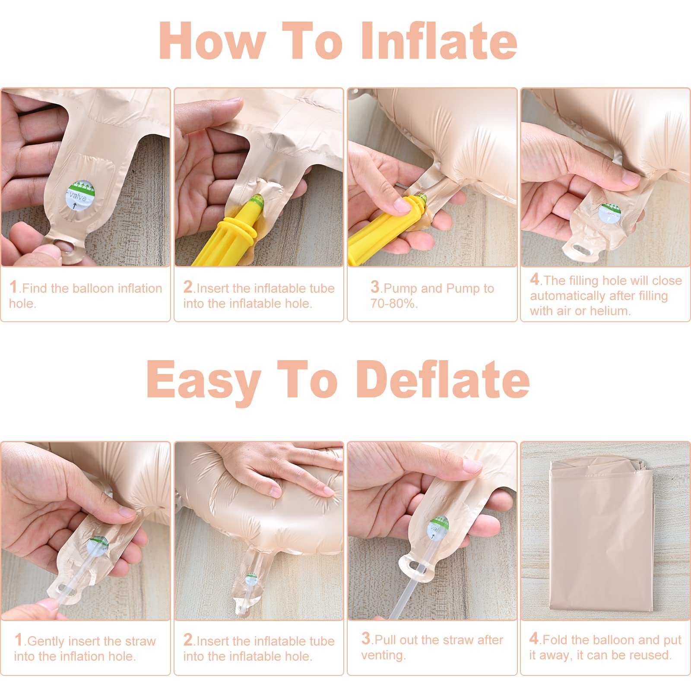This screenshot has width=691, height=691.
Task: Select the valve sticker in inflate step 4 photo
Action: click(610, 213)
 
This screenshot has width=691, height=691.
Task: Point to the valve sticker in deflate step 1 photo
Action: click(97, 546)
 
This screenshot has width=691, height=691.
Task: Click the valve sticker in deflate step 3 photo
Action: click(437, 528)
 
